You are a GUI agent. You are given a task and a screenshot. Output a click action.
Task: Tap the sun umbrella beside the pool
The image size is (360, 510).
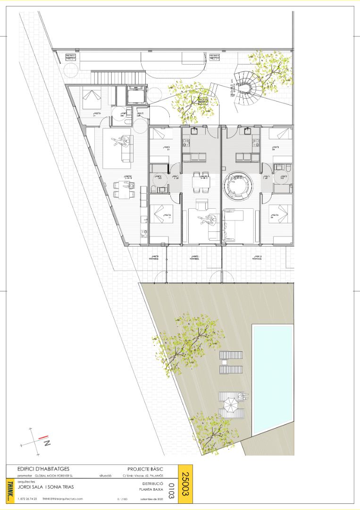coord(231,405)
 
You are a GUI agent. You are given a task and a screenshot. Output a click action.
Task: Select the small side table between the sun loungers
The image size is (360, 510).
coord(225,362)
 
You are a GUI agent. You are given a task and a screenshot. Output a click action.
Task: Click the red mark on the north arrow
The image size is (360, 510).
coord(42,437)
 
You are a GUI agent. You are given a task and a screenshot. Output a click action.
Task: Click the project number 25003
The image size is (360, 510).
coord(185,483)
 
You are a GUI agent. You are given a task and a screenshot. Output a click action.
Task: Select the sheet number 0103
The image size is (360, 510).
coord(171,491)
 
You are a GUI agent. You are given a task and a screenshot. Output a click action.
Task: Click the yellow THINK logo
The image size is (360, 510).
coord(10,491)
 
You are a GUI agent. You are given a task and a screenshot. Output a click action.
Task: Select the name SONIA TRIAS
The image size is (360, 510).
coord(60,487)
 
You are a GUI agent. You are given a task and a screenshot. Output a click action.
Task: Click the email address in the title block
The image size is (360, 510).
coord(63,499)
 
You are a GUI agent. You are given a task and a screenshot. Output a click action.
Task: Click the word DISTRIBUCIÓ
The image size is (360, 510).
coord(152,484)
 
